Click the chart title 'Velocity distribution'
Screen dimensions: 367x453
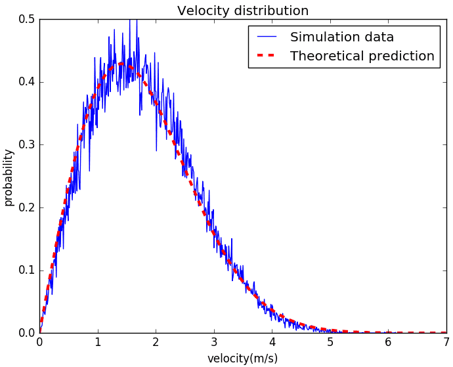(243, 11)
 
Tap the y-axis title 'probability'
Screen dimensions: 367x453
(9, 177)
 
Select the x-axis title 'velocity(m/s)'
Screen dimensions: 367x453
(243, 358)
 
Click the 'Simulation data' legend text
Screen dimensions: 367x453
(342, 37)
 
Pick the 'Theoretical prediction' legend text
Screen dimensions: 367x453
(362, 56)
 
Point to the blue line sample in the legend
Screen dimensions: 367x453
(268, 37)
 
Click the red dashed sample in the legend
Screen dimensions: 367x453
(268, 56)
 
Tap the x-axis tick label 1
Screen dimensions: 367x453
(98, 342)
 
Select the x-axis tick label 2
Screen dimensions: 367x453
(156, 342)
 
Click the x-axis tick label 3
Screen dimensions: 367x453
(214, 342)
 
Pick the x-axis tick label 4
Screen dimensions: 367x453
(272, 342)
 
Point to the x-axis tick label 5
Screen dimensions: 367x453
(330, 342)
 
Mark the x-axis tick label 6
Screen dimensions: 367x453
(388, 342)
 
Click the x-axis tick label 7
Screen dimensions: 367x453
(446, 342)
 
